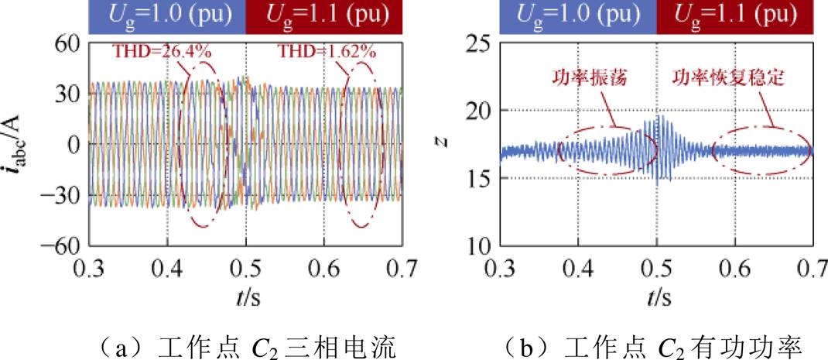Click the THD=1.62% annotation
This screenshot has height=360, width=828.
click(x=317, y=53)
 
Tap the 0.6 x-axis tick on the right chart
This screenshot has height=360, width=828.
click(x=734, y=269)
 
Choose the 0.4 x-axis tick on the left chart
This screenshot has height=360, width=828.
click(x=167, y=269)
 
